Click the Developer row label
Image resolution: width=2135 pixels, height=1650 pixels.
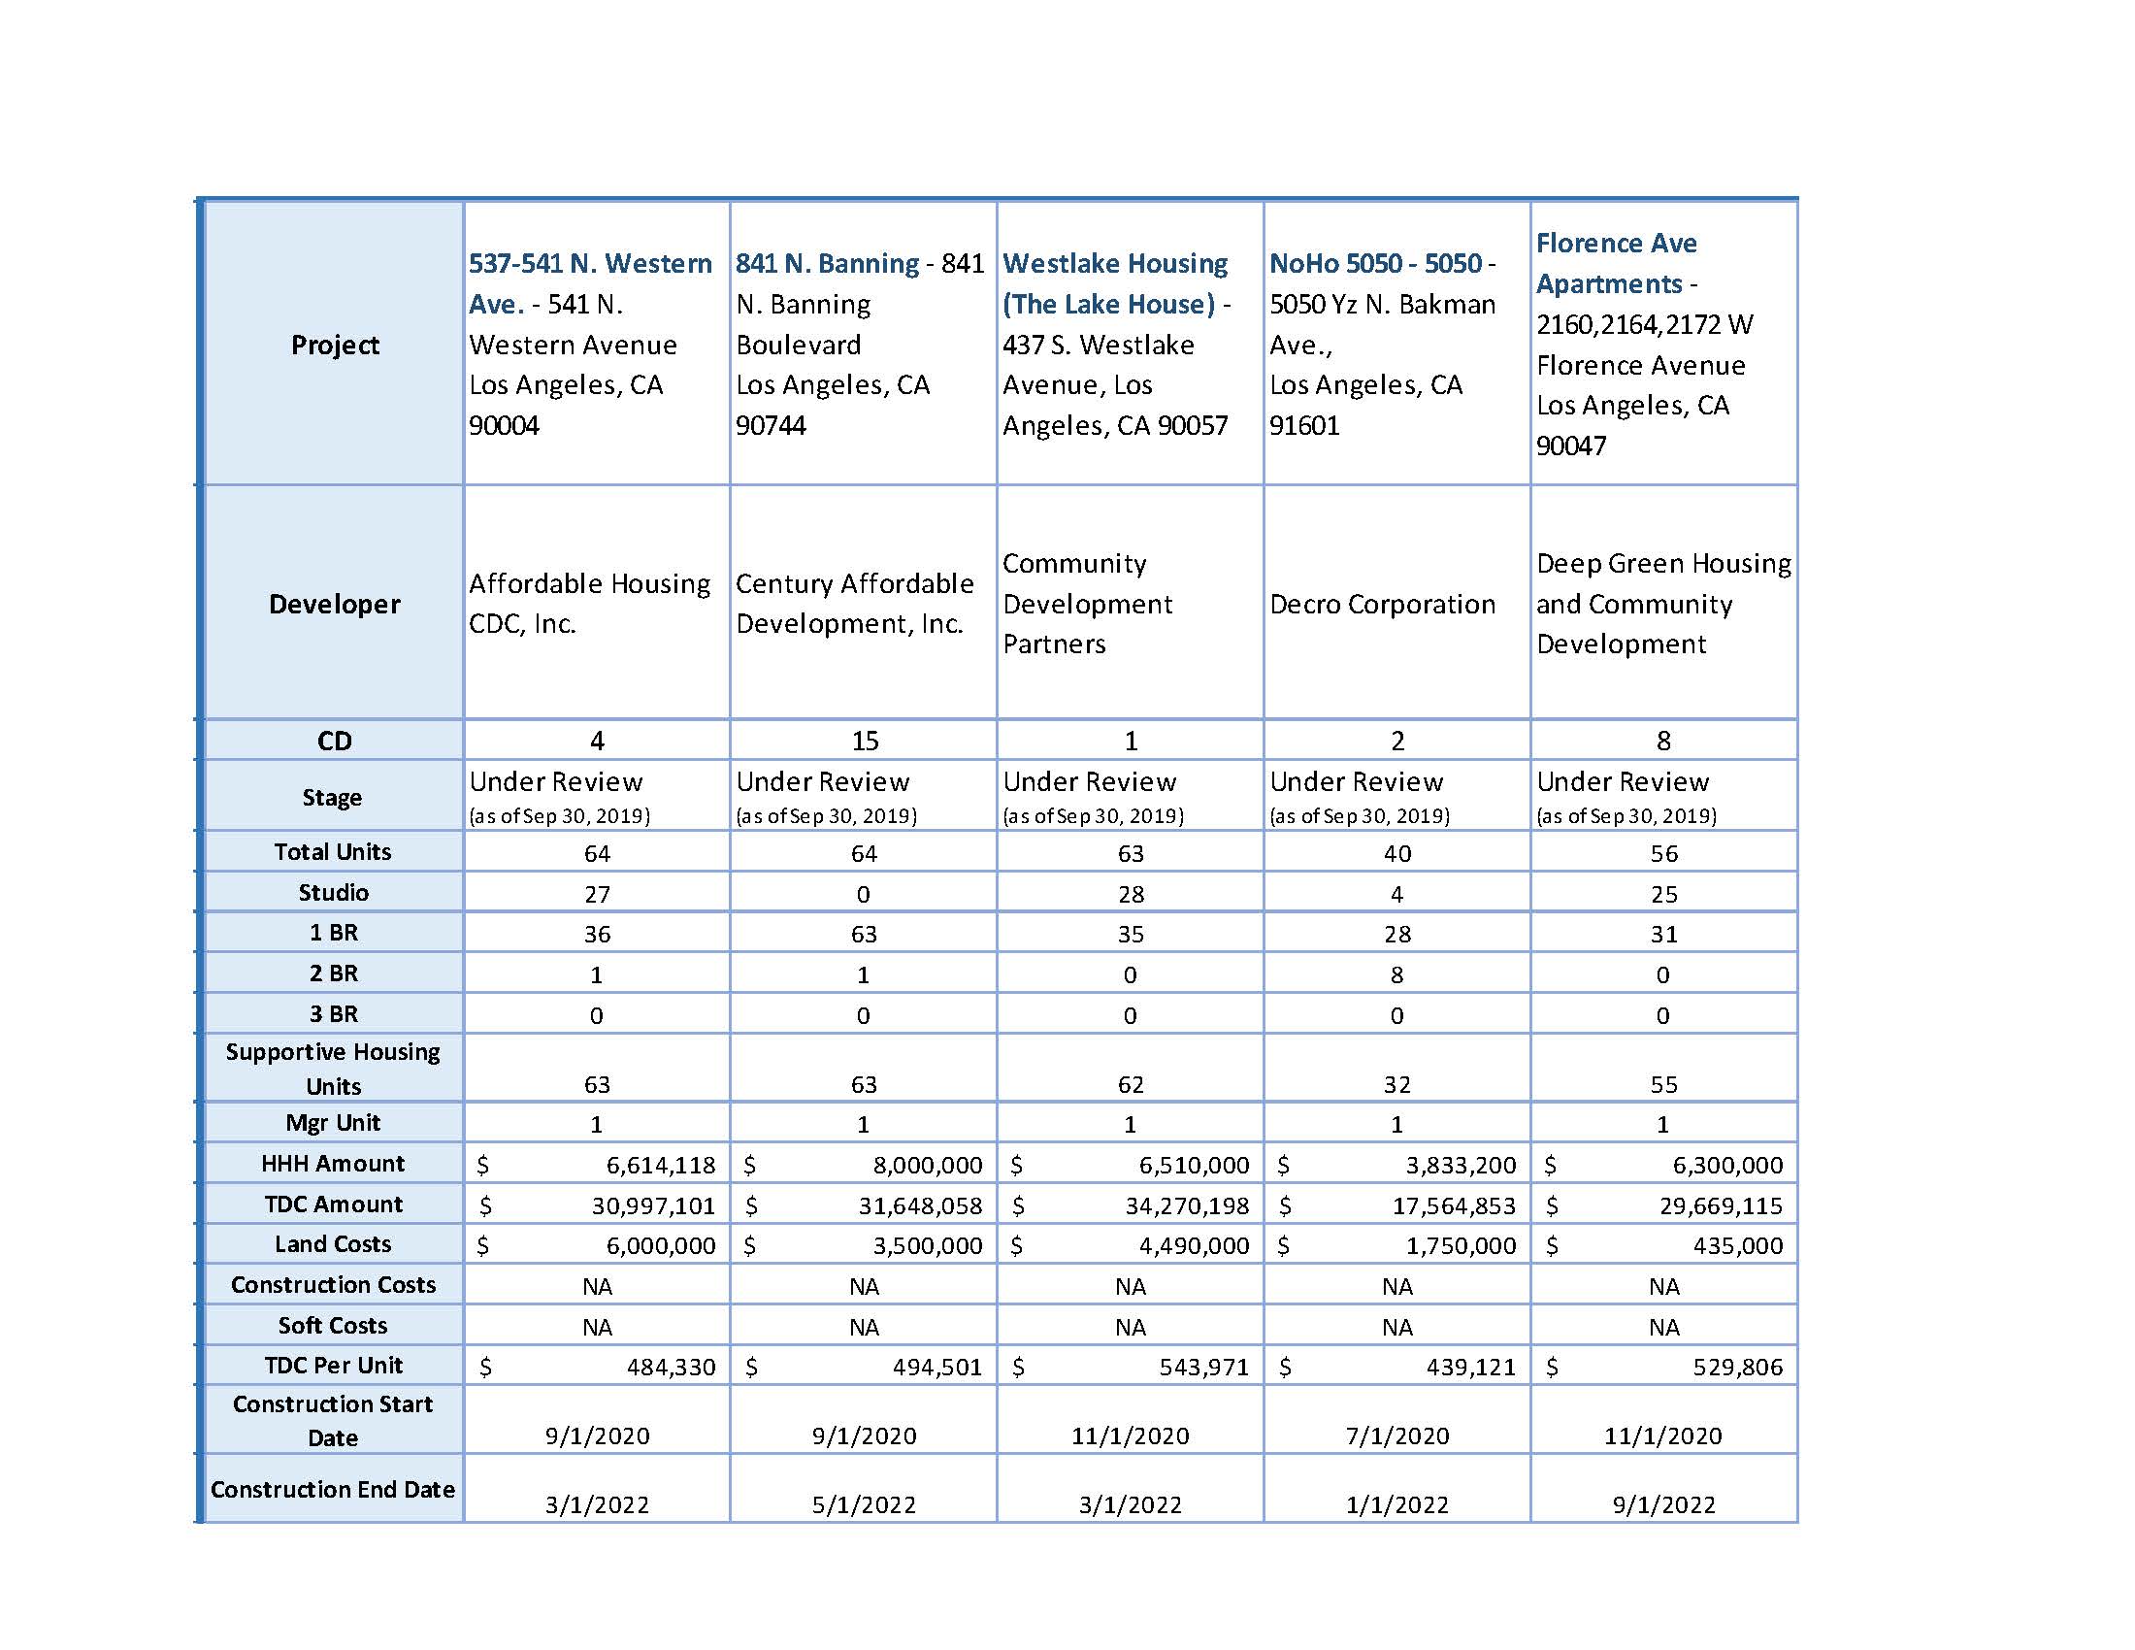pyautogui.click(x=335, y=604)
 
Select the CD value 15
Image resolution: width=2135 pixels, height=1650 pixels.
pyautogui.click(x=864, y=741)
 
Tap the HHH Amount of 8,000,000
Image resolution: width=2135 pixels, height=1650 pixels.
pyautogui.click(x=927, y=1165)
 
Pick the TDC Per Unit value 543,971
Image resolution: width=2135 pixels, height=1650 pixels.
pyautogui.click(x=1203, y=1367)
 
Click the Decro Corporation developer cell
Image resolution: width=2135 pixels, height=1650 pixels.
pyautogui.click(x=1382, y=604)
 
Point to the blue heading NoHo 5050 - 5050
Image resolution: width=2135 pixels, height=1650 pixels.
pyautogui.click(x=1375, y=263)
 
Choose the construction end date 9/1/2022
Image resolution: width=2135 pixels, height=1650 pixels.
pyautogui.click(x=1663, y=1504)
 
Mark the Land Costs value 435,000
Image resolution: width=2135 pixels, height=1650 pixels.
pyautogui.click(x=1737, y=1245)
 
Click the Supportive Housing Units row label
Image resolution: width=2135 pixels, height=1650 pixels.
pyautogui.click(x=332, y=1069)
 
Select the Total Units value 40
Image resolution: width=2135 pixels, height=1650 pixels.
pyautogui.click(x=1396, y=853)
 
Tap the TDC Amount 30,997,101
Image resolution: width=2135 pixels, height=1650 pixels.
pyautogui.click(x=653, y=1205)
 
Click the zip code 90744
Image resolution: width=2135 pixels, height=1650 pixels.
pyautogui.click(x=771, y=425)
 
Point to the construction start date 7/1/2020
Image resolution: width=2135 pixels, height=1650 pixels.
pyautogui.click(x=1396, y=1435)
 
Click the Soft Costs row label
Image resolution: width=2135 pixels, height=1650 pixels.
pyautogui.click(x=332, y=1326)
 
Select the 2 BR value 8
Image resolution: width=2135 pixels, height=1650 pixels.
pyautogui.click(x=1396, y=974)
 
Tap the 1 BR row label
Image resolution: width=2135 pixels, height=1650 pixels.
pyautogui.click(x=333, y=933)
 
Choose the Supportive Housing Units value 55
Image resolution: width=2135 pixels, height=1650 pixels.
pyautogui.click(x=1663, y=1084)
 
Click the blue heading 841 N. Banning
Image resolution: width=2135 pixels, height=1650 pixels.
pyautogui.click(x=827, y=263)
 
